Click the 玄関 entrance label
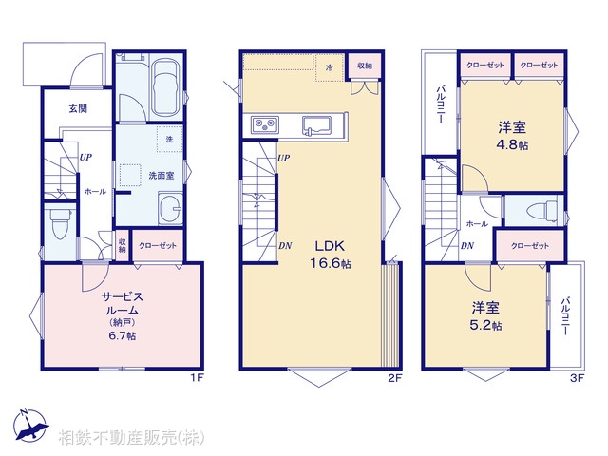point(78,109)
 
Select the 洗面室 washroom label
point(159,175)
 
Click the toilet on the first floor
point(60,226)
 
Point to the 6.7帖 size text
point(123,336)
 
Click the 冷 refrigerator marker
point(329,67)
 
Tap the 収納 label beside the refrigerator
point(365,66)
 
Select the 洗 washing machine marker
point(169,140)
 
